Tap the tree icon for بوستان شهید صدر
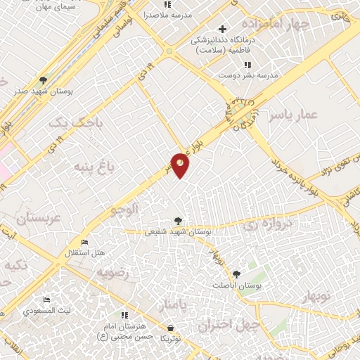pos(43,79)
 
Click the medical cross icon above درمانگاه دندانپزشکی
pos(223,29)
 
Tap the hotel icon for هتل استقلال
pos(84,243)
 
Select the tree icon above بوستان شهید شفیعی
pos(177,221)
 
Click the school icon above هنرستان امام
pos(124,315)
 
